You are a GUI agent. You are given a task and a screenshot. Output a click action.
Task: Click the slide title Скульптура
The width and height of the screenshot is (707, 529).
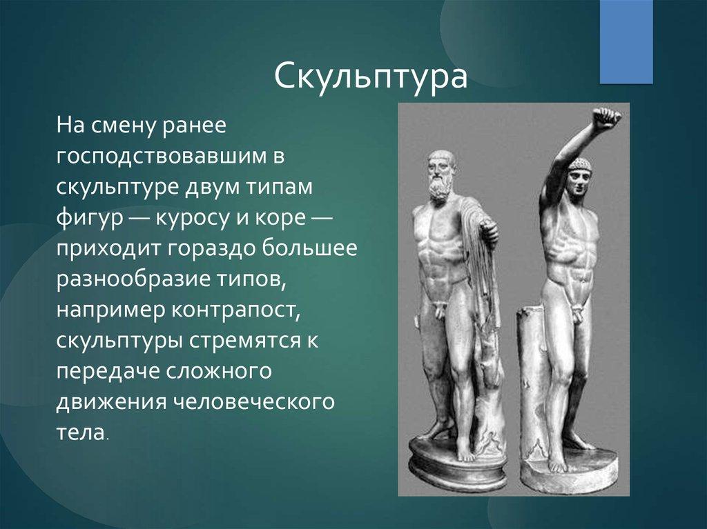[x=370, y=77]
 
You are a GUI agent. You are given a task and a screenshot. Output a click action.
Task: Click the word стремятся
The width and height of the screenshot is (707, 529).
[x=245, y=341]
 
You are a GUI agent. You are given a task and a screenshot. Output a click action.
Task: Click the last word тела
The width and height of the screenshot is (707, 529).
[x=81, y=432]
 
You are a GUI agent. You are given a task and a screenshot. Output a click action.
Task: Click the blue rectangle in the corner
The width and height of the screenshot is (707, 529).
[x=626, y=41]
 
